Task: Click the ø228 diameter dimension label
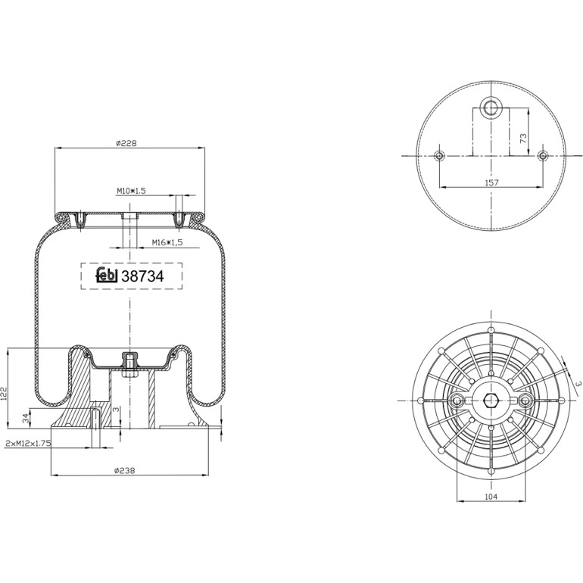[x=126, y=143]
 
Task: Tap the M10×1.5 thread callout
[x=131, y=191]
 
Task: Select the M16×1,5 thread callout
[x=167, y=243]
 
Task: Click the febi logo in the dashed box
[x=107, y=275]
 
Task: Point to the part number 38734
[x=143, y=276]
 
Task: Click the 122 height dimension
[x=4, y=394]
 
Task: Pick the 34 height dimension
[x=25, y=418]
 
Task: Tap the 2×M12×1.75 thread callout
[x=28, y=444]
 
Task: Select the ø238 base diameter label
[x=125, y=471]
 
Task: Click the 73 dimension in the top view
[x=523, y=139]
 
